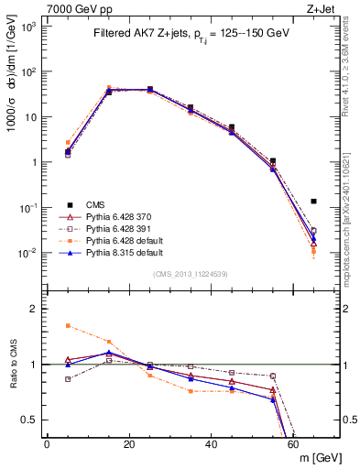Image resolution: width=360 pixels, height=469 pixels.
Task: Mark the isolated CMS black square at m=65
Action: tap(314, 201)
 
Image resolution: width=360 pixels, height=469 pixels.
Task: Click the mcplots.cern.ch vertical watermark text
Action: tap(353, 192)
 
